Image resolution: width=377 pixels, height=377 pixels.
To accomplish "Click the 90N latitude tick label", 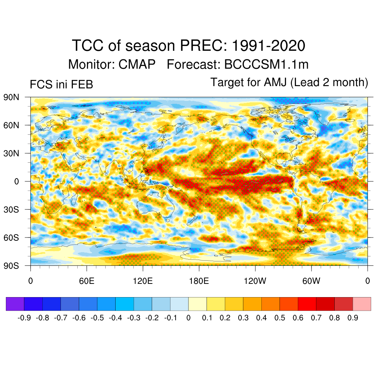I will click(x=12, y=97).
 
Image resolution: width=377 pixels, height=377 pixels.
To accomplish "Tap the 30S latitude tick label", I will click(x=12, y=209).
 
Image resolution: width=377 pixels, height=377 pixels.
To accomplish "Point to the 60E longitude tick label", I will click(x=87, y=281).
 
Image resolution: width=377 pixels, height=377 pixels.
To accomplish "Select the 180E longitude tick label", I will click(x=199, y=281).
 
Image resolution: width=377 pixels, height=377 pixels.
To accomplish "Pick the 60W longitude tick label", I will click(x=311, y=281).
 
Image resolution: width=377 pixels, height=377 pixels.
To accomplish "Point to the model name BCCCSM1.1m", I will click(x=266, y=64).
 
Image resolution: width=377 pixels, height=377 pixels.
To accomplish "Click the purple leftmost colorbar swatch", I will click(x=15, y=304).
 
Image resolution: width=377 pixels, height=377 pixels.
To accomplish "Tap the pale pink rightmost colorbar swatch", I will click(x=362, y=304).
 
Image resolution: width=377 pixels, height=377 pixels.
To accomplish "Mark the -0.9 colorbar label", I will click(x=24, y=318).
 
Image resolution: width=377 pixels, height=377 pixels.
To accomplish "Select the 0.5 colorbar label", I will click(x=280, y=318).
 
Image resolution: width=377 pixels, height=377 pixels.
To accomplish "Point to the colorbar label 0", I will click(x=188, y=318).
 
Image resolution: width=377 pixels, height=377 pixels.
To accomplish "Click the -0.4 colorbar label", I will click(x=116, y=318).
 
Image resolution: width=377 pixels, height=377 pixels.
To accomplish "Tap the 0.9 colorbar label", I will click(x=353, y=318).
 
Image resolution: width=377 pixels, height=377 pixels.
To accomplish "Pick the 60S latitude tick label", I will click(x=12, y=237).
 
